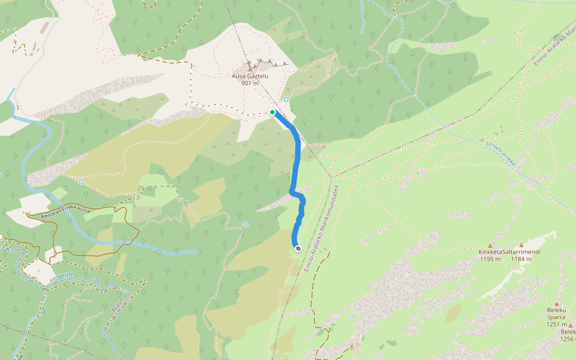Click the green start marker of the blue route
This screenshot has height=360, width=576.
pos(272,112)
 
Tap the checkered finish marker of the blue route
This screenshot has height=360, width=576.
pos(298,248)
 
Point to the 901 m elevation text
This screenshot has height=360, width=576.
pos(250,83)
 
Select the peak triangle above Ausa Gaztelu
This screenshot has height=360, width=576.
pos(250,70)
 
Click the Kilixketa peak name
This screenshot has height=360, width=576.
pos(490,252)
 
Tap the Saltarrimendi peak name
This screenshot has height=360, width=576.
pos(521,252)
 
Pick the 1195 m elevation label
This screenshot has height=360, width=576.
pos(490,259)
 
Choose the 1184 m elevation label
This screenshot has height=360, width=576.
pos(521,259)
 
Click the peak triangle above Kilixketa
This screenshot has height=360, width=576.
pos(490,245)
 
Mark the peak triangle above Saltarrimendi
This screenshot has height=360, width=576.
pos(521,245)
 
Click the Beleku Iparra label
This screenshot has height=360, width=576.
pos(556,314)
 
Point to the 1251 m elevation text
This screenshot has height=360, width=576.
pos(556,325)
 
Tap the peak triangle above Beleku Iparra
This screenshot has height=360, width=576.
pos(556,304)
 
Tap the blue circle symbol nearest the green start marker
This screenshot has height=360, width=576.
pos(286,100)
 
